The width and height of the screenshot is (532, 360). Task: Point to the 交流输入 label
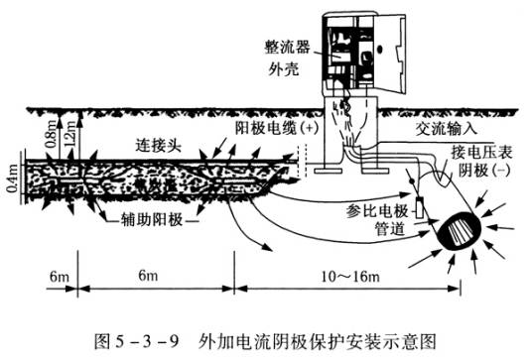tap(449, 130)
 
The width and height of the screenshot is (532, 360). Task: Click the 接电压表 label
tap(481, 151)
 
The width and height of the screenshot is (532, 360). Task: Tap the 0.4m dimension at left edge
tap(11, 182)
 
